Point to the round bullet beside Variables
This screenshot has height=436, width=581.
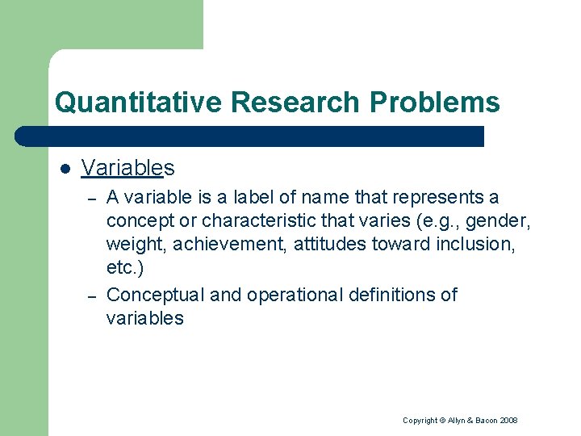pos(65,168)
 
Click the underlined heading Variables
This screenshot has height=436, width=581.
pos(127,167)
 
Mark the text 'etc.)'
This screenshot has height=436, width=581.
pos(124,268)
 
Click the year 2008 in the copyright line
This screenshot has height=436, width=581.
pos(508,421)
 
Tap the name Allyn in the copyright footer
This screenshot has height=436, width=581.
pos(455,421)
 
